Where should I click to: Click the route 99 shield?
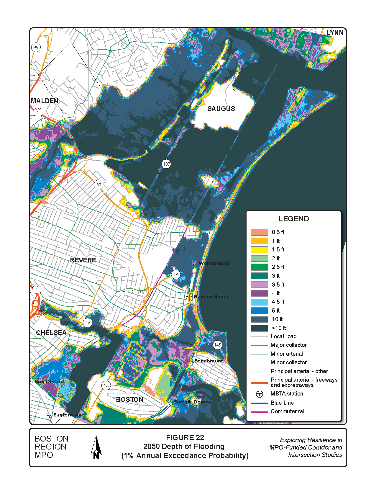36,47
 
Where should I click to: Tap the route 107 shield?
166,164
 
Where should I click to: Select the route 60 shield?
98,185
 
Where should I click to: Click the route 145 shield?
217,345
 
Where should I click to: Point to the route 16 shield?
88,323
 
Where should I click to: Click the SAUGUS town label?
221,109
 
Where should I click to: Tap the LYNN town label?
335,32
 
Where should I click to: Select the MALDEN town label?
45,101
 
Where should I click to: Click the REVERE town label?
83,260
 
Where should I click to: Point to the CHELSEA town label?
51,333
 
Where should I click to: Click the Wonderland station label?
214,263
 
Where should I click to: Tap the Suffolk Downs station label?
192,402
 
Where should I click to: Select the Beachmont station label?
208,361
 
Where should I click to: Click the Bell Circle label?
133,292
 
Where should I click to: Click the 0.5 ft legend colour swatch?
259,232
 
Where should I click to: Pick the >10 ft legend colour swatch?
259,328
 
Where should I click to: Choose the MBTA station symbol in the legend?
259,394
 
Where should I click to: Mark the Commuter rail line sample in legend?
259,411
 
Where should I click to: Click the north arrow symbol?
96,447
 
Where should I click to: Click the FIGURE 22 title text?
185,437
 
